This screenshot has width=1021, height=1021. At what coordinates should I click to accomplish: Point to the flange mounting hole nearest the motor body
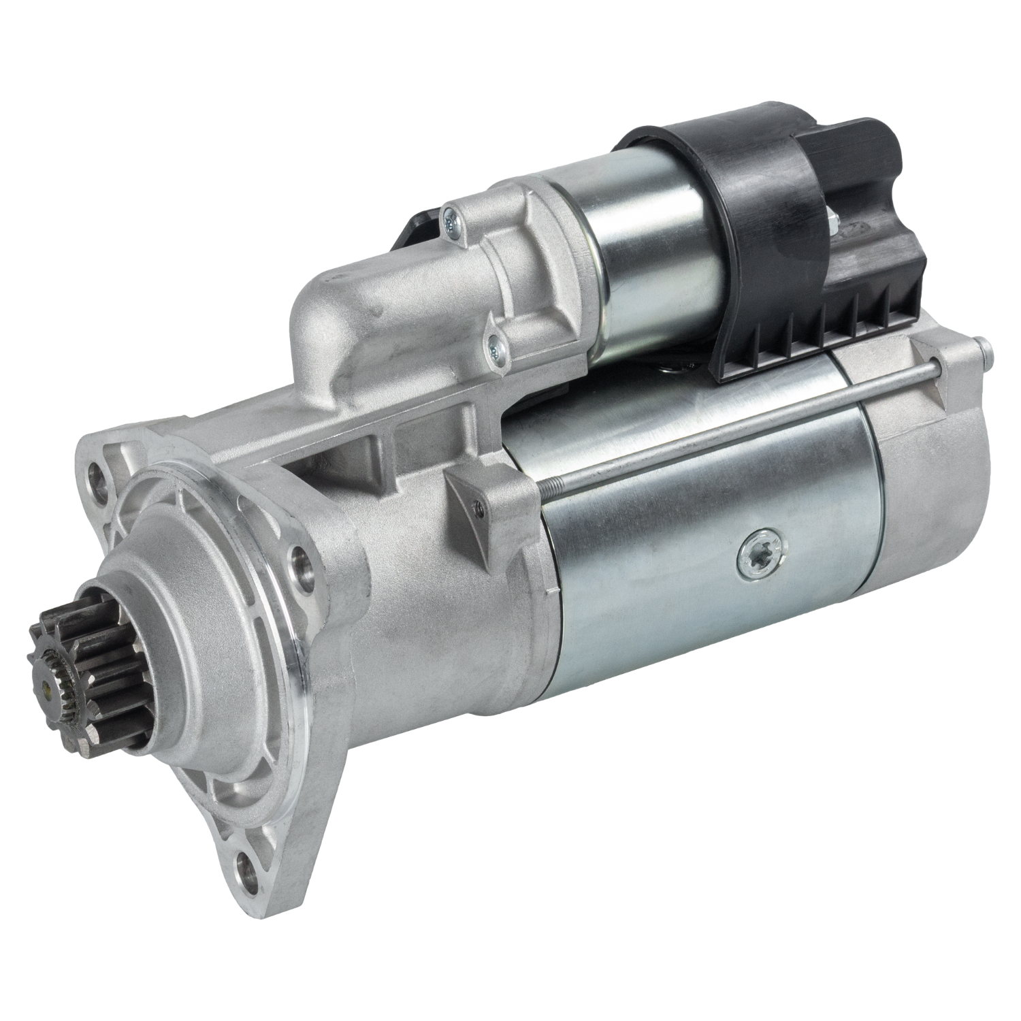coord(300,562)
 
